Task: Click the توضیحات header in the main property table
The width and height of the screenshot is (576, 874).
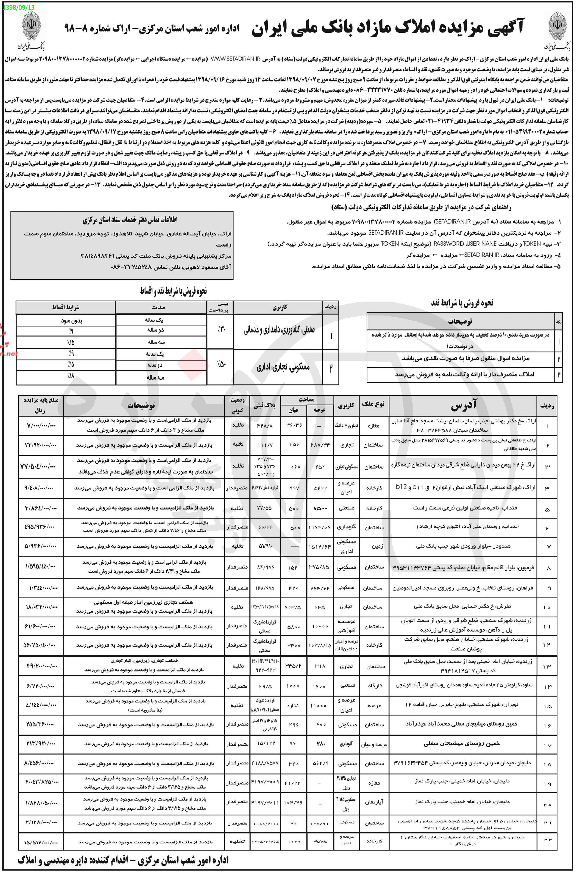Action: pos(141,405)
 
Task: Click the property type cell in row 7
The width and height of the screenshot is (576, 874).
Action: pos(374,546)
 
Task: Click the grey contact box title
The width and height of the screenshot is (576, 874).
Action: pos(130,220)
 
